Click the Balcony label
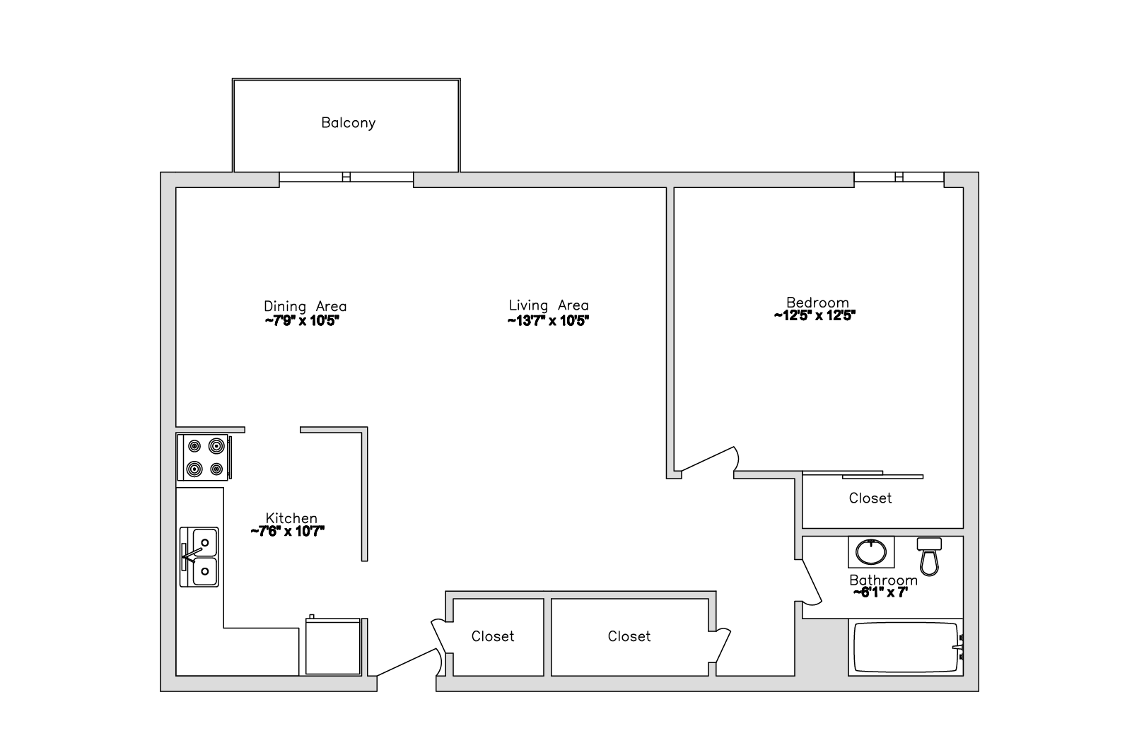tap(348, 123)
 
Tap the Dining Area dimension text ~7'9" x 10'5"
tap(302, 321)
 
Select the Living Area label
tap(548, 305)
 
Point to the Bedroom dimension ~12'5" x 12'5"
tap(815, 316)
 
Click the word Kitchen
tap(291, 518)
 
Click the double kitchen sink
tap(199, 557)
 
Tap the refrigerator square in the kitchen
tap(333, 646)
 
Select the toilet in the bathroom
tap(929, 556)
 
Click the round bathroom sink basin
tap(870, 552)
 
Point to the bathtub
tap(906, 648)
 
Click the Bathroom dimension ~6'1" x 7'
tap(880, 593)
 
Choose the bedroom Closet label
tap(870, 498)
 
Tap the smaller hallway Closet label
tap(493, 636)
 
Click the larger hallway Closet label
tap(629, 636)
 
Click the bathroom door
tap(812, 581)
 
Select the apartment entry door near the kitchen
tap(407, 662)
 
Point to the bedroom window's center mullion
tap(899, 177)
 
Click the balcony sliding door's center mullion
tap(346, 177)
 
